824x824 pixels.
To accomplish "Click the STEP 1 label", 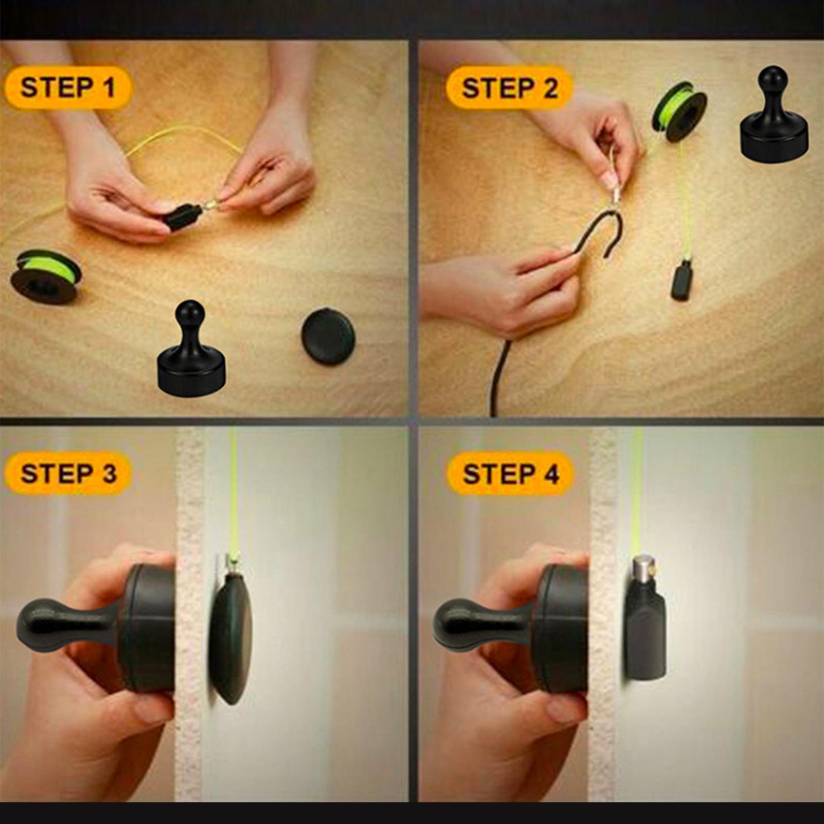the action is point(68,87).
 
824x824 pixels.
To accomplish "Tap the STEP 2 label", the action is point(510,88).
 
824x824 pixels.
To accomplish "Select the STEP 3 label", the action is point(68,473).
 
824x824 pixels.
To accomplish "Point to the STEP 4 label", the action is point(510,473).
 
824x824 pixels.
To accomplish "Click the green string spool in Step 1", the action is point(46,276).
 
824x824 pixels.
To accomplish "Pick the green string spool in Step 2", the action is point(679,112).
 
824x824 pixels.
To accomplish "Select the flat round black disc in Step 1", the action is point(328,336).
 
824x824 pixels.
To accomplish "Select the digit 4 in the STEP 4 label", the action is point(552,474).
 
